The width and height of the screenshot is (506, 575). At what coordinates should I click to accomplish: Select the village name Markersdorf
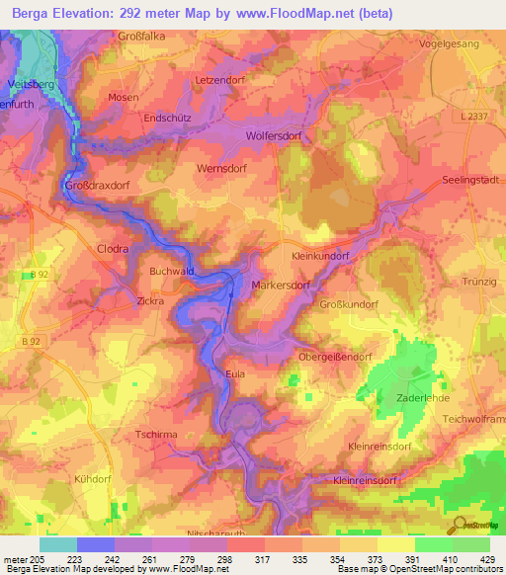coord(282,286)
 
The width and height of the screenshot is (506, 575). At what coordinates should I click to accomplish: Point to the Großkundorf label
coord(349,305)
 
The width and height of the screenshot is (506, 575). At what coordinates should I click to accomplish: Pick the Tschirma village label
coord(155,434)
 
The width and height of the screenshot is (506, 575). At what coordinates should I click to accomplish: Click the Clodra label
coord(113,250)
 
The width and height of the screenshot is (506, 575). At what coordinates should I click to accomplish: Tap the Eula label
coord(234,374)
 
